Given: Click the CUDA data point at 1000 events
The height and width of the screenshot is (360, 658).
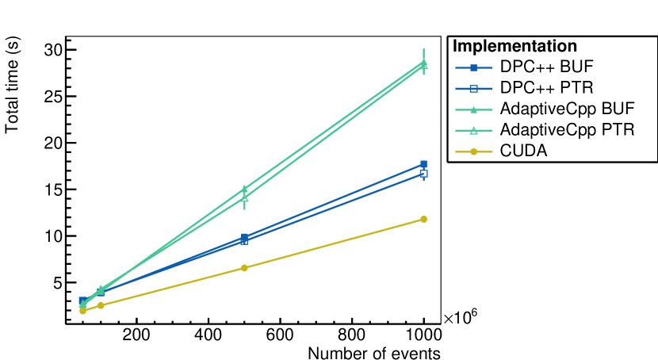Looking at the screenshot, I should pyautogui.click(x=423, y=219).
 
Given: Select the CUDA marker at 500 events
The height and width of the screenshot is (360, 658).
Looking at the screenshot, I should pyautogui.click(x=244, y=268).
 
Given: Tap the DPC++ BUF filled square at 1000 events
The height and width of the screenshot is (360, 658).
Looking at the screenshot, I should pyautogui.click(x=423, y=164).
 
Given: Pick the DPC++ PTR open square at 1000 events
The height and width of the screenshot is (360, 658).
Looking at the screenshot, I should pyautogui.click(x=423, y=174).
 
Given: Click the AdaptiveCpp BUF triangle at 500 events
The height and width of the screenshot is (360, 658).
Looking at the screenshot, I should pyautogui.click(x=244, y=190).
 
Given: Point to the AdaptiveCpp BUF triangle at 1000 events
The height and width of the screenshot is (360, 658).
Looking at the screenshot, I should pyautogui.click(x=423, y=62).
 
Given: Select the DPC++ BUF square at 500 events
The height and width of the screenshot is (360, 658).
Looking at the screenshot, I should pyautogui.click(x=244, y=237).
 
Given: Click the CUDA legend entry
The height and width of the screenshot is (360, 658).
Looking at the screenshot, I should pyautogui.click(x=523, y=149).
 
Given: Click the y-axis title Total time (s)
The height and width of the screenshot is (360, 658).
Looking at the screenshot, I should pyautogui.click(x=13, y=87).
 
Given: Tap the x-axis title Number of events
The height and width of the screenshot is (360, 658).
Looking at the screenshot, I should pyautogui.click(x=373, y=352).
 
